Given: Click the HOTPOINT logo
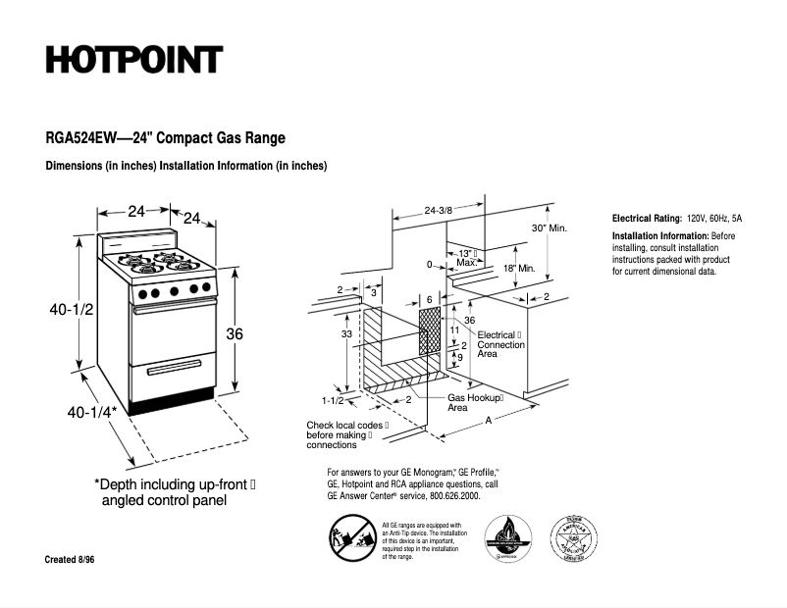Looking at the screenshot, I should coord(134,61).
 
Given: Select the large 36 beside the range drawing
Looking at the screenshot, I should coord(235,334).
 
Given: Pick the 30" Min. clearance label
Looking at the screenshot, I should coord(550,228).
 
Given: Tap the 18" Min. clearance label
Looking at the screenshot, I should coord(518,268).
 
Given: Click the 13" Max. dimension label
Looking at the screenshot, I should coord(467,258).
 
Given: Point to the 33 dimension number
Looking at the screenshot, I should coord(346,334).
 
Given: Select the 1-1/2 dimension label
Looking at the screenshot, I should coord(333,400).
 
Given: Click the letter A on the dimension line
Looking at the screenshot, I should coord(488,420).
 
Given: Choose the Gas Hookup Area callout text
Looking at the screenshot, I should coord(475,402).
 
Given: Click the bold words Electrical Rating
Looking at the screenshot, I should coord(647,218).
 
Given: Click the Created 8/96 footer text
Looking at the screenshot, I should coord(71,559).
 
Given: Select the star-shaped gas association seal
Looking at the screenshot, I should coord(574,538).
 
